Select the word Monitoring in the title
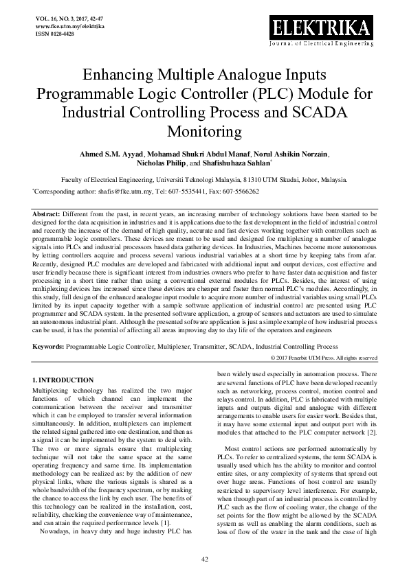(x=204, y=130)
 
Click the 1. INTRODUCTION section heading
(x=63, y=380)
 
